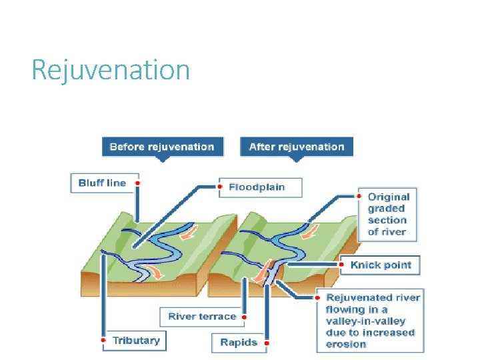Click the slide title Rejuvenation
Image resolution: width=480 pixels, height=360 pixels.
[111, 69]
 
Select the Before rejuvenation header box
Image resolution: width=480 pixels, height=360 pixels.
[162, 147]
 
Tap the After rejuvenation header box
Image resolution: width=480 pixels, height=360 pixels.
[297, 147]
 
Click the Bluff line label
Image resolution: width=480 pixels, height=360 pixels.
[102, 183]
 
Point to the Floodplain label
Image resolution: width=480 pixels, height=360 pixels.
[257, 187]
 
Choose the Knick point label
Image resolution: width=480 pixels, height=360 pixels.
[381, 265]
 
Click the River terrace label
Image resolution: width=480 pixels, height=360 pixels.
[202, 317]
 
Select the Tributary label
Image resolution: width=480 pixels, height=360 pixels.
[136, 341]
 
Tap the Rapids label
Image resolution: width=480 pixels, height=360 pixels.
[238, 343]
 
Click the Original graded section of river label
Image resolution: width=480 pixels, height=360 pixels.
[389, 214]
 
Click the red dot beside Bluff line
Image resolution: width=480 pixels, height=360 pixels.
[137, 183]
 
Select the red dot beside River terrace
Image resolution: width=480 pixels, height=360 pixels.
[245, 317]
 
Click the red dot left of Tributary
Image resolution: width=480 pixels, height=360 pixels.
[103, 341]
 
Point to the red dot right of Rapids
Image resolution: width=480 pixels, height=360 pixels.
[266, 343]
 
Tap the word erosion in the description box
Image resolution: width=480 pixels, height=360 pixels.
[346, 344]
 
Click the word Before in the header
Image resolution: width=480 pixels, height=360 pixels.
[125, 147]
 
